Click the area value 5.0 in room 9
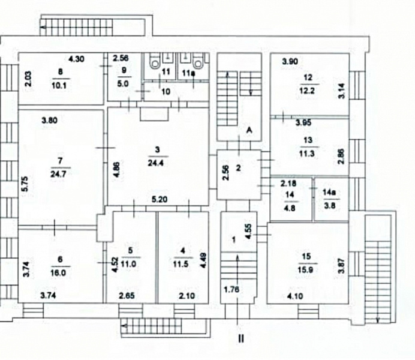pos(124,83)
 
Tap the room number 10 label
pos(166,91)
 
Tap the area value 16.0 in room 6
pos(60,271)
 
